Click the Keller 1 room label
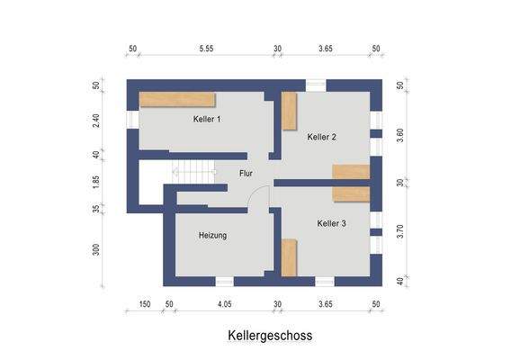[x=206, y=119]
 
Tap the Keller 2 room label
[x=321, y=137]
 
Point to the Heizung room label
[x=212, y=235]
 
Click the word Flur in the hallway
[x=247, y=173]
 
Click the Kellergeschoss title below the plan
[x=269, y=335]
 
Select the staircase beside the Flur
[x=195, y=169]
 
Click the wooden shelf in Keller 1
[x=176, y=100]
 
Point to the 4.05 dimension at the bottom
[x=224, y=306]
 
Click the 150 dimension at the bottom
[x=144, y=306]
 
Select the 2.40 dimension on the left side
[x=96, y=120]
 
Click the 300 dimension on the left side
[x=96, y=249]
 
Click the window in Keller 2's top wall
[x=315, y=85]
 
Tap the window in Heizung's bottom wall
[x=225, y=281]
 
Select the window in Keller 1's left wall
[x=132, y=119]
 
